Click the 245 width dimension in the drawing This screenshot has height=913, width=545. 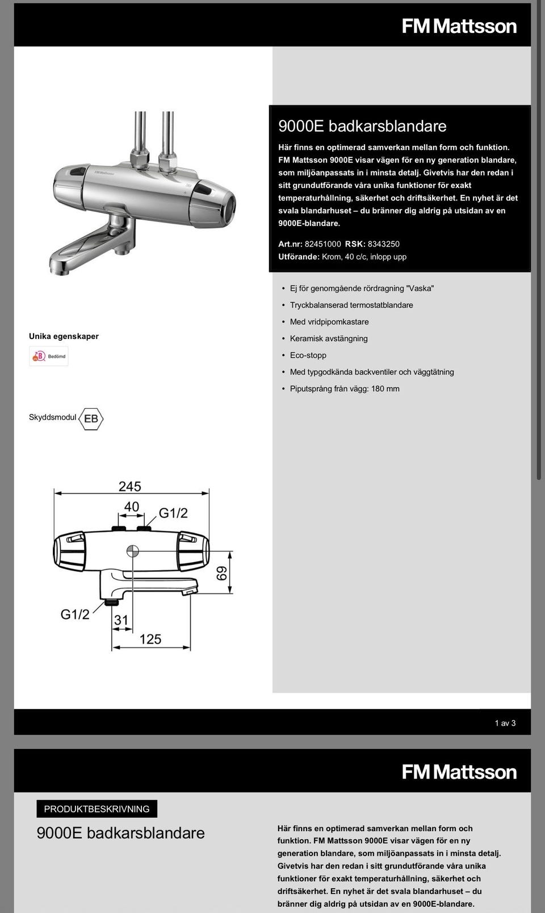click(129, 487)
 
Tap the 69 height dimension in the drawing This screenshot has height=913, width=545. click(222, 573)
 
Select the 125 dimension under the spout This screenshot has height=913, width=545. click(150, 639)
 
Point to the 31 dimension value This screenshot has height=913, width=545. click(121, 620)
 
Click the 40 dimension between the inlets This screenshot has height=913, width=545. click(131, 506)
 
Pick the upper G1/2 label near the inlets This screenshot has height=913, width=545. click(173, 513)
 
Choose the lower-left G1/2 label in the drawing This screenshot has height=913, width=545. click(75, 614)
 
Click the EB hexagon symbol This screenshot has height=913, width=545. click(91, 419)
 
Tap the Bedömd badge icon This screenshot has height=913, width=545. click(49, 356)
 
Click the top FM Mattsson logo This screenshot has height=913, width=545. click(459, 26)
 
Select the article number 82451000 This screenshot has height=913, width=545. click(323, 244)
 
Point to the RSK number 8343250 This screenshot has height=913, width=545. click(384, 244)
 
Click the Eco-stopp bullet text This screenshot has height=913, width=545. click(308, 355)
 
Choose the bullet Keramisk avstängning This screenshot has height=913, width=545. click(329, 338)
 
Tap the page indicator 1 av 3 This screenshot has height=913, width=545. click(505, 723)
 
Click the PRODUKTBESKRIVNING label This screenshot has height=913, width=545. click(97, 809)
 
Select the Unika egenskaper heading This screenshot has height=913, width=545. click(64, 336)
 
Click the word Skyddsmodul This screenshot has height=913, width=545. click(52, 417)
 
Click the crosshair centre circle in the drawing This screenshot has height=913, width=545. click(132, 551)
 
